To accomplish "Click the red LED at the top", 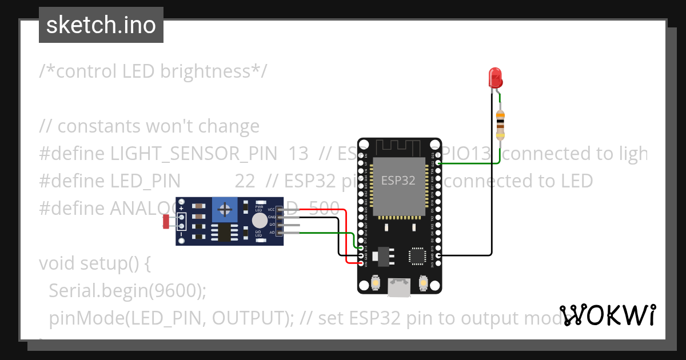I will pyautogui.click(x=495, y=77).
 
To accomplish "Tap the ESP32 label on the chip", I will pyautogui.click(x=398, y=181).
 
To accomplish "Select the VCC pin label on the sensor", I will pyautogui.click(x=271, y=210).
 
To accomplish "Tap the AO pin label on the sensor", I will pyautogui.click(x=272, y=232).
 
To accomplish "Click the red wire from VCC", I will pyautogui.click(x=346, y=234).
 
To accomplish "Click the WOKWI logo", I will pyautogui.click(x=607, y=315).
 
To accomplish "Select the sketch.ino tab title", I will pyautogui.click(x=101, y=25).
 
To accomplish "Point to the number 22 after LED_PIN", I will pyautogui.click(x=245, y=181).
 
